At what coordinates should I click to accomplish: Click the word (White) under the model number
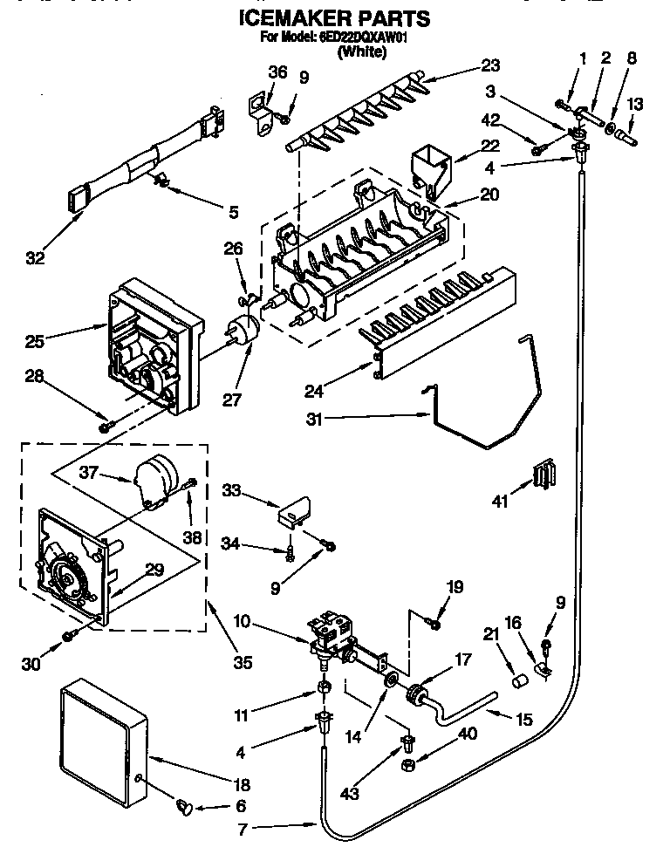point(362,51)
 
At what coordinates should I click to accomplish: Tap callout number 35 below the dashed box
point(242,662)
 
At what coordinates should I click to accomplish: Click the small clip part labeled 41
point(544,478)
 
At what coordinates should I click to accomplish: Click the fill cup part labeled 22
point(432,166)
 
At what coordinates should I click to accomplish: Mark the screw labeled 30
point(67,644)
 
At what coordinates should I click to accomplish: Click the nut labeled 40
point(407,765)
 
